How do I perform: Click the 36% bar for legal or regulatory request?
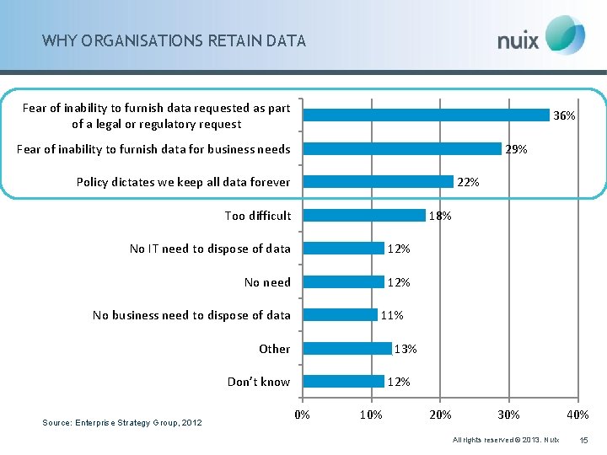click(x=426, y=115)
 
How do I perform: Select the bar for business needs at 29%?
click(x=402, y=148)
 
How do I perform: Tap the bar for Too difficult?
click(x=364, y=215)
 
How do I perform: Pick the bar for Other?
click(x=347, y=348)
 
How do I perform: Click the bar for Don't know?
click(x=344, y=381)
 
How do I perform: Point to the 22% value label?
click(x=468, y=182)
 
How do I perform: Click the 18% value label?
click(x=440, y=216)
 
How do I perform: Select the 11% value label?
click(x=392, y=315)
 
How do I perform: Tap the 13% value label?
click(x=406, y=349)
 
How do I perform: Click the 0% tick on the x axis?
click(x=302, y=415)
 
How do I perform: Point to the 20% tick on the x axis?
click(x=440, y=415)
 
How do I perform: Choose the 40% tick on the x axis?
click(x=577, y=415)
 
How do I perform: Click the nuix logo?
click(x=540, y=37)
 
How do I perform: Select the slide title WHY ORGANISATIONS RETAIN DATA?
click(x=174, y=40)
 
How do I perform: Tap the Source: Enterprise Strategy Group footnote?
click(x=122, y=422)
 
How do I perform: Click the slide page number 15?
click(x=585, y=440)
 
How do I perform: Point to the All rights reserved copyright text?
click(x=505, y=440)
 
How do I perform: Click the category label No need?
click(x=267, y=282)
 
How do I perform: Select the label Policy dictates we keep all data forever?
click(x=183, y=182)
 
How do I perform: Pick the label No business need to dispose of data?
click(x=191, y=315)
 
